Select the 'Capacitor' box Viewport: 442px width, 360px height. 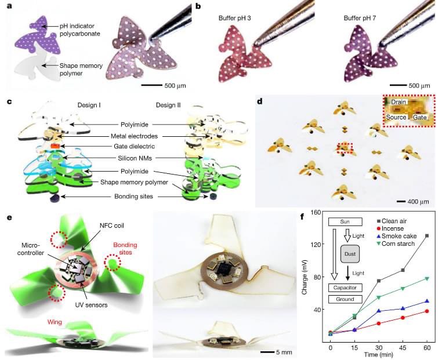[x=346, y=288]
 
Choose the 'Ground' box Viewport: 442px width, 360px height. [x=346, y=299]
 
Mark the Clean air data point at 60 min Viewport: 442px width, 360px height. [x=427, y=235]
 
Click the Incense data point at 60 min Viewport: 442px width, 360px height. [x=427, y=311]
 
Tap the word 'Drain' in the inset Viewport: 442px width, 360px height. [x=398, y=101]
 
